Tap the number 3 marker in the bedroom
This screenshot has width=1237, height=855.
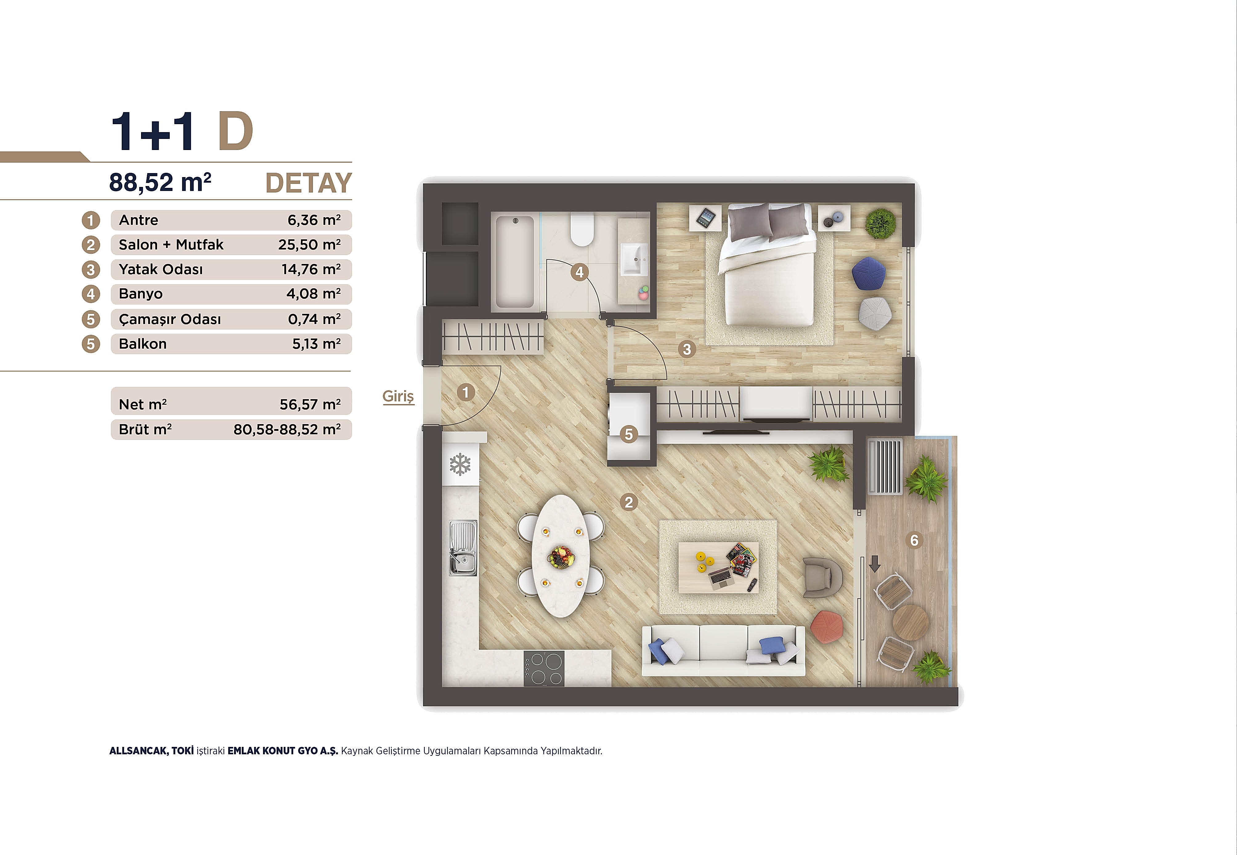[x=687, y=349]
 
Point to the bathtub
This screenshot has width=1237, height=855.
[x=514, y=261]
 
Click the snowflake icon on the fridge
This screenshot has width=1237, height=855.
[x=460, y=464]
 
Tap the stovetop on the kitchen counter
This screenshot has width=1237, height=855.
[x=544, y=668]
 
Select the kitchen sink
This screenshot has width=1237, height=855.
[x=462, y=548]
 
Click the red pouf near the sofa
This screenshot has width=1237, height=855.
[x=827, y=626]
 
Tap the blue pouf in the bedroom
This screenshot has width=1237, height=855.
[x=868, y=274]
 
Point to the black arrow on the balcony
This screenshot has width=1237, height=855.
[x=874, y=564]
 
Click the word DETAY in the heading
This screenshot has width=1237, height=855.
[x=309, y=183]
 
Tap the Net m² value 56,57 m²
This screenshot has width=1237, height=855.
[x=310, y=404]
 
